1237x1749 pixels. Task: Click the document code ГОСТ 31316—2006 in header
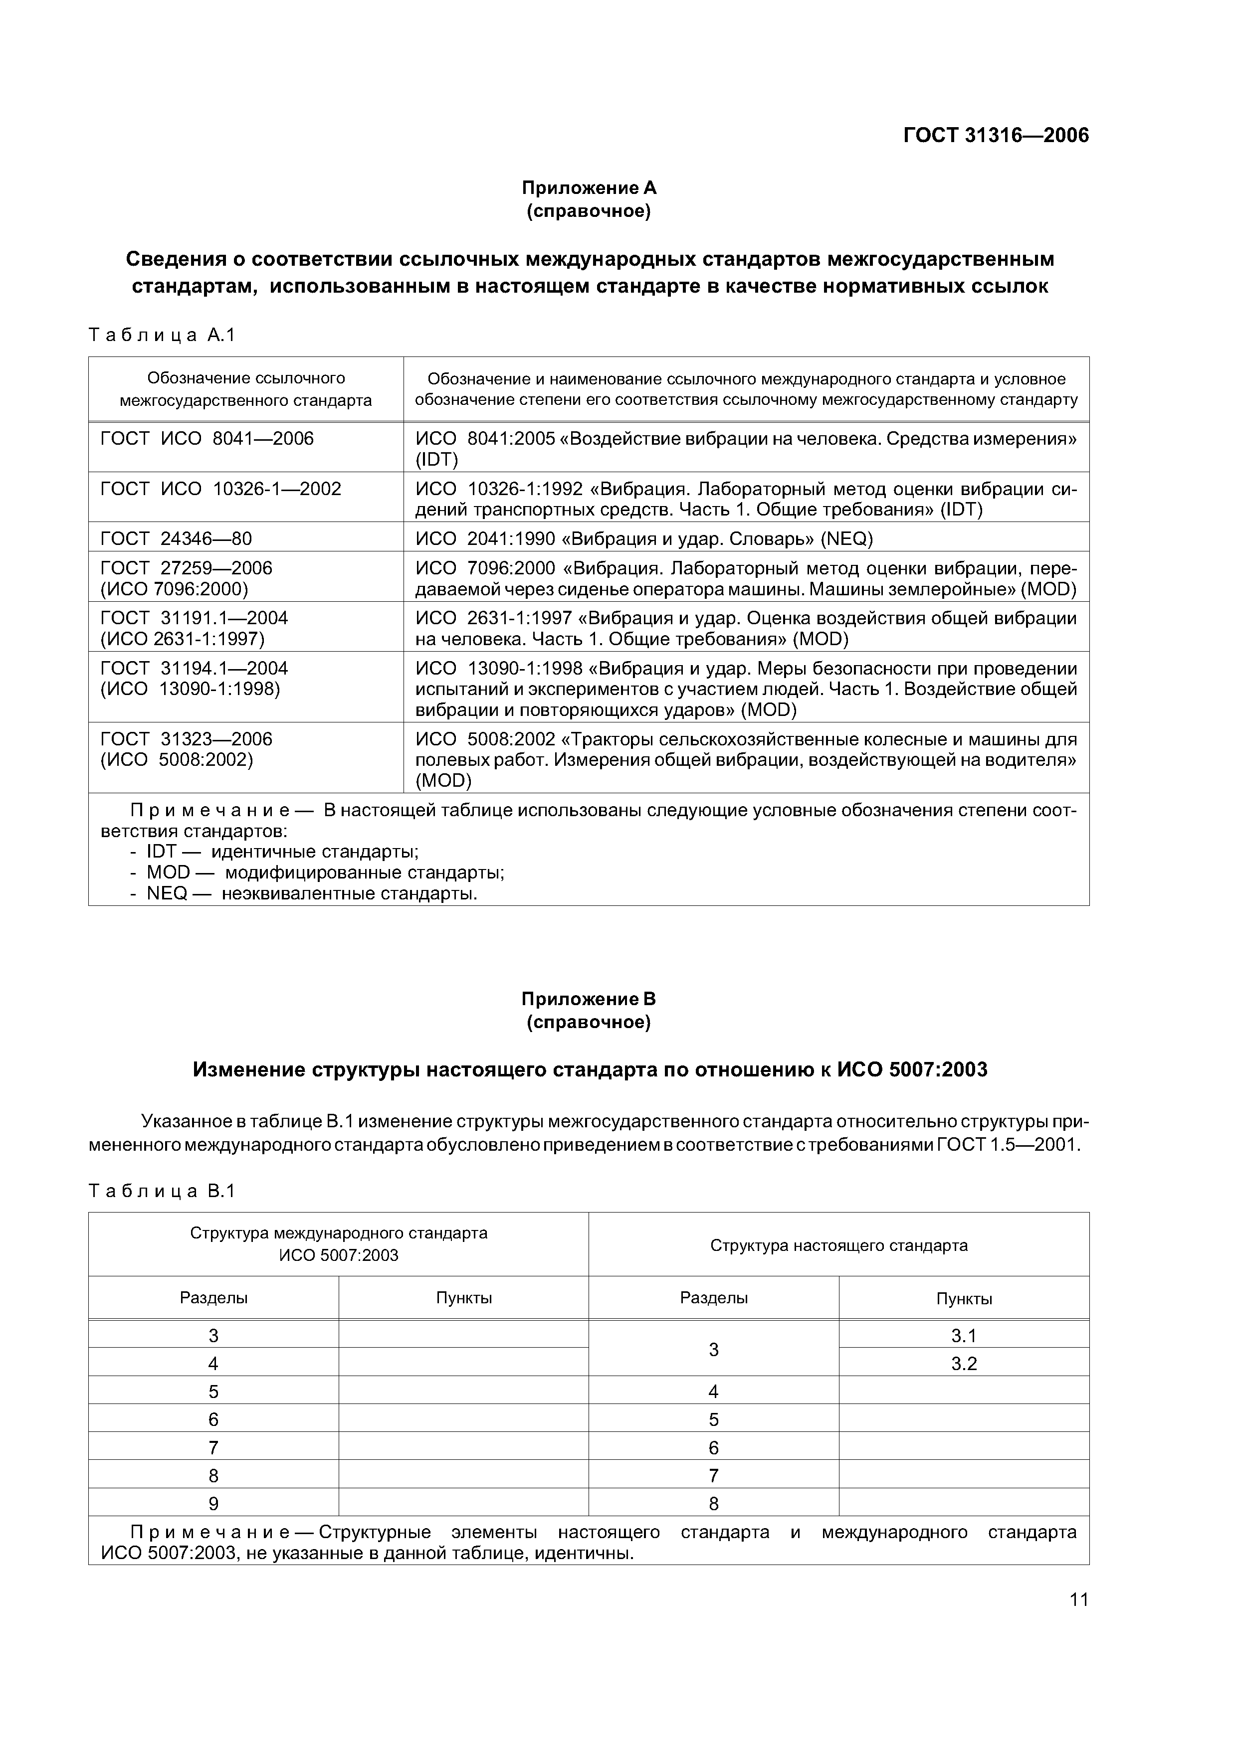point(996,136)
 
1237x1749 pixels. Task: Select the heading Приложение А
point(589,187)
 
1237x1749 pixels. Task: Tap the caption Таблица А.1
point(162,335)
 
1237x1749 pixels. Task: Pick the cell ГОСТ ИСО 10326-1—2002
point(220,489)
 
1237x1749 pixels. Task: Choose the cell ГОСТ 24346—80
point(176,539)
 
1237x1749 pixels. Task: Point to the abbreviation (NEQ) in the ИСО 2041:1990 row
point(846,539)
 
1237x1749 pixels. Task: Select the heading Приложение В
point(589,999)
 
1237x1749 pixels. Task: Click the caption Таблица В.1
point(162,1192)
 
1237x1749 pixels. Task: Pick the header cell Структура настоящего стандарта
point(838,1245)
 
